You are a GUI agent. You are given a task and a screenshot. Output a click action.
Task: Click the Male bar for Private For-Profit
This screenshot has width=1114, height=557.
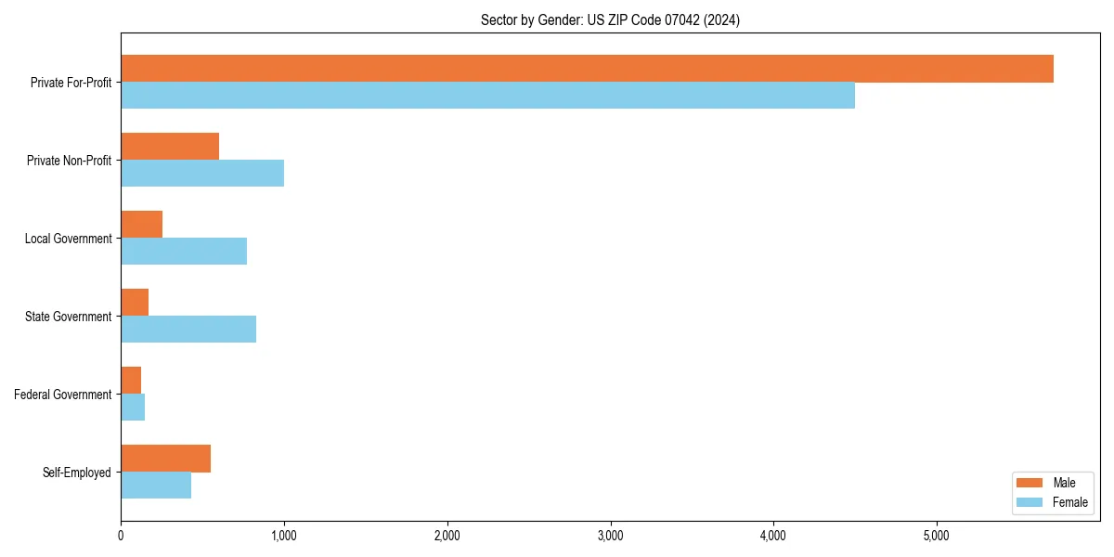(x=587, y=69)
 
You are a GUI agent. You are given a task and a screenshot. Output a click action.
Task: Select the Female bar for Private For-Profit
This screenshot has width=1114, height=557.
(x=487, y=96)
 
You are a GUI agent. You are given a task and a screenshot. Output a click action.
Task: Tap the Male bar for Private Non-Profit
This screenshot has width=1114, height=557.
(x=170, y=147)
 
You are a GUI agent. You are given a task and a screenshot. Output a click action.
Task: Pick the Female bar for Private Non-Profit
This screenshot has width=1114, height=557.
(x=202, y=174)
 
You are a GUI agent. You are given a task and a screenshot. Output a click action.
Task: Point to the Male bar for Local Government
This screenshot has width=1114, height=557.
(x=142, y=225)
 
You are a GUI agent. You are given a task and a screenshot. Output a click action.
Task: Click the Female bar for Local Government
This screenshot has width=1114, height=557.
(x=184, y=252)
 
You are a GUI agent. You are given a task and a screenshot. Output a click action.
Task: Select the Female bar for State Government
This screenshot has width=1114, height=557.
(x=188, y=330)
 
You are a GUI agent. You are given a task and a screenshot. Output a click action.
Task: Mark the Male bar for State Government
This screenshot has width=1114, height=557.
(x=135, y=303)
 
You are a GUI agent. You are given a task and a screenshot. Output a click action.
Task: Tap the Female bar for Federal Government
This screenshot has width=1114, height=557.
(x=133, y=408)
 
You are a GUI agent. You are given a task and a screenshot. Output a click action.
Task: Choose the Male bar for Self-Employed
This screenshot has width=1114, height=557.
(x=166, y=459)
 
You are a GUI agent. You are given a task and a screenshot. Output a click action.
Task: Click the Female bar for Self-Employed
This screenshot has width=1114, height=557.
(x=156, y=486)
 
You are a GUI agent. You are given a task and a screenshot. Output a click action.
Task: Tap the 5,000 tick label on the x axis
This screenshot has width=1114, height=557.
(x=937, y=535)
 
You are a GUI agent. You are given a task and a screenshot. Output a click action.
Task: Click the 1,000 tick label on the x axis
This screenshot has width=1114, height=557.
(x=284, y=535)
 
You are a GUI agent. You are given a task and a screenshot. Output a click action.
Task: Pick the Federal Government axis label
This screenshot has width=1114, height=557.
(x=63, y=395)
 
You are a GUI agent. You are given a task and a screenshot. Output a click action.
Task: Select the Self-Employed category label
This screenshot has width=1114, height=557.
(x=77, y=473)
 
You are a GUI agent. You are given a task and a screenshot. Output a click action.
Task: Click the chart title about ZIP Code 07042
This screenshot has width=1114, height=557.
(x=610, y=19)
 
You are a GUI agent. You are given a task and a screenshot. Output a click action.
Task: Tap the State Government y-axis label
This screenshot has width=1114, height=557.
(x=69, y=317)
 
